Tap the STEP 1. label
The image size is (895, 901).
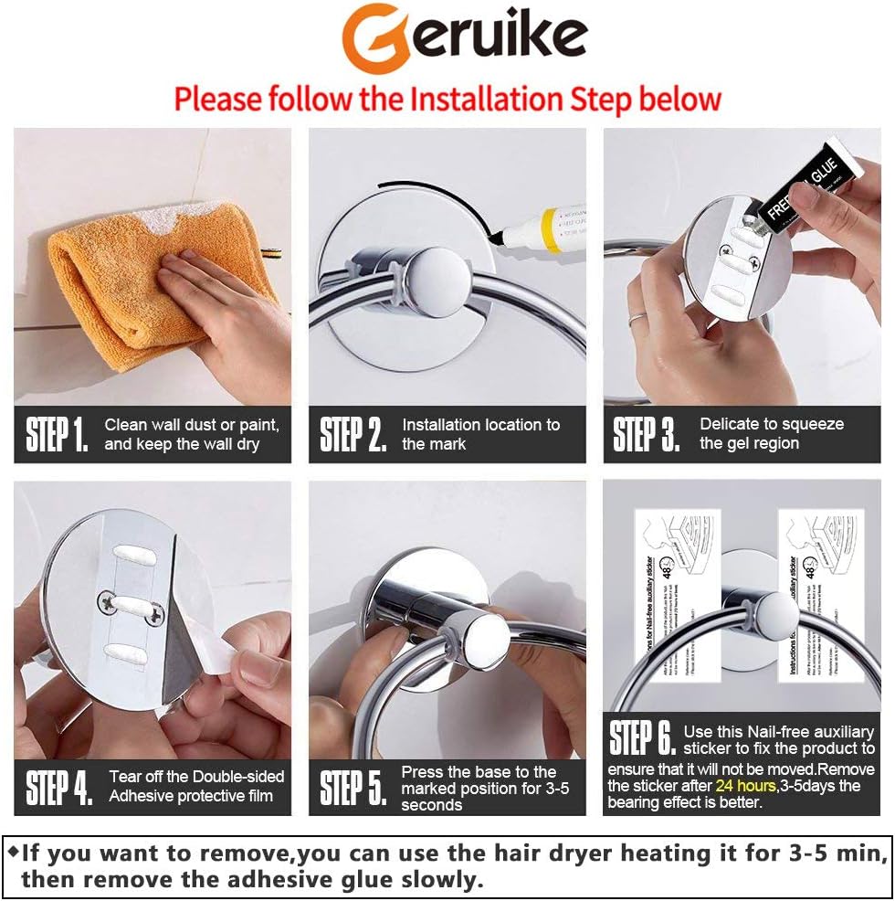57,435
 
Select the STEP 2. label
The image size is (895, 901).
353,435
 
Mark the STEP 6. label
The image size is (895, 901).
642,738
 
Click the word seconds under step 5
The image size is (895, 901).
431,805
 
